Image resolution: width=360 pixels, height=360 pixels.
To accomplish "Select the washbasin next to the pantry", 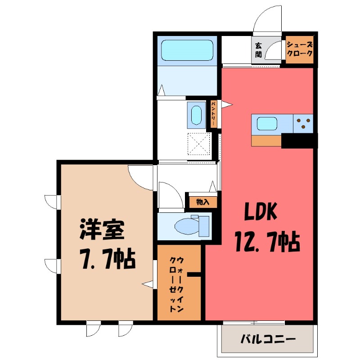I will [196, 116].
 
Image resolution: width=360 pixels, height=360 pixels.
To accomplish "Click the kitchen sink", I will [267, 123].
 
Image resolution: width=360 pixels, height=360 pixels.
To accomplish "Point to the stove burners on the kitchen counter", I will [303, 123].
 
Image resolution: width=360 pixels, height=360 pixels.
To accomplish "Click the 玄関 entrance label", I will [258, 50].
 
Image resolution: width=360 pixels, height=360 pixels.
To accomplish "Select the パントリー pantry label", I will [214, 114].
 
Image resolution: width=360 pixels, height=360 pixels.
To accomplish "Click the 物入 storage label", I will [202, 202].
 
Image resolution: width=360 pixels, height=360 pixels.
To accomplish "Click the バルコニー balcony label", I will [267, 338].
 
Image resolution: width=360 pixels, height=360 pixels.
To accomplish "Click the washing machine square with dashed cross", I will [198, 144].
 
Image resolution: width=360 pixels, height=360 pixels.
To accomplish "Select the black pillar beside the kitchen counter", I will [299, 141].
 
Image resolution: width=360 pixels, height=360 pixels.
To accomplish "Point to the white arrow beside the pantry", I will [228, 105].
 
